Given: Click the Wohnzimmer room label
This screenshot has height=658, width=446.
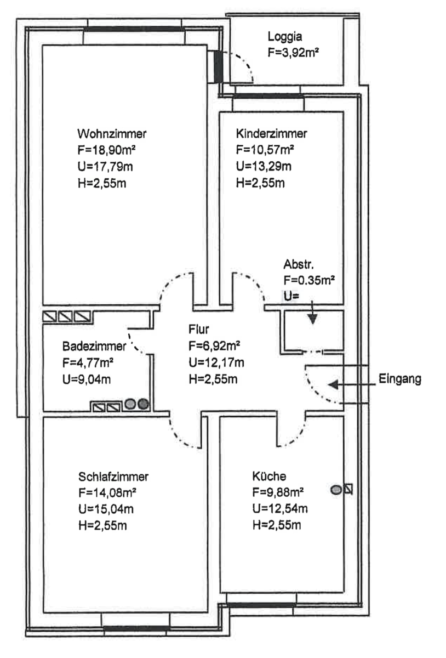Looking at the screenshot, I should click(x=112, y=134).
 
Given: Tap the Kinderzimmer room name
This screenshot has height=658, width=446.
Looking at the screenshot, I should click(x=271, y=134).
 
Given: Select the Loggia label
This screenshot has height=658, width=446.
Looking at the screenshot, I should click(x=285, y=37).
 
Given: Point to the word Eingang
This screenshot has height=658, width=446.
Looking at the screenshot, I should click(x=400, y=379).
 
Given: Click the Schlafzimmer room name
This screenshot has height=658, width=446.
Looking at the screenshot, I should click(x=113, y=475).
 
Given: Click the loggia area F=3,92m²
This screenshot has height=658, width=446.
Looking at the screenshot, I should click(x=294, y=54).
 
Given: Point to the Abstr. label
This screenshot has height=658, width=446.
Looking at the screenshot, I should click(x=298, y=263).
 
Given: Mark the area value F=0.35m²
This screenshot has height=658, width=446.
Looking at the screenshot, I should click(x=309, y=280).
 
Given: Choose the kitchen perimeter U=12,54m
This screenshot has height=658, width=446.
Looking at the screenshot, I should click(x=280, y=509).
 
